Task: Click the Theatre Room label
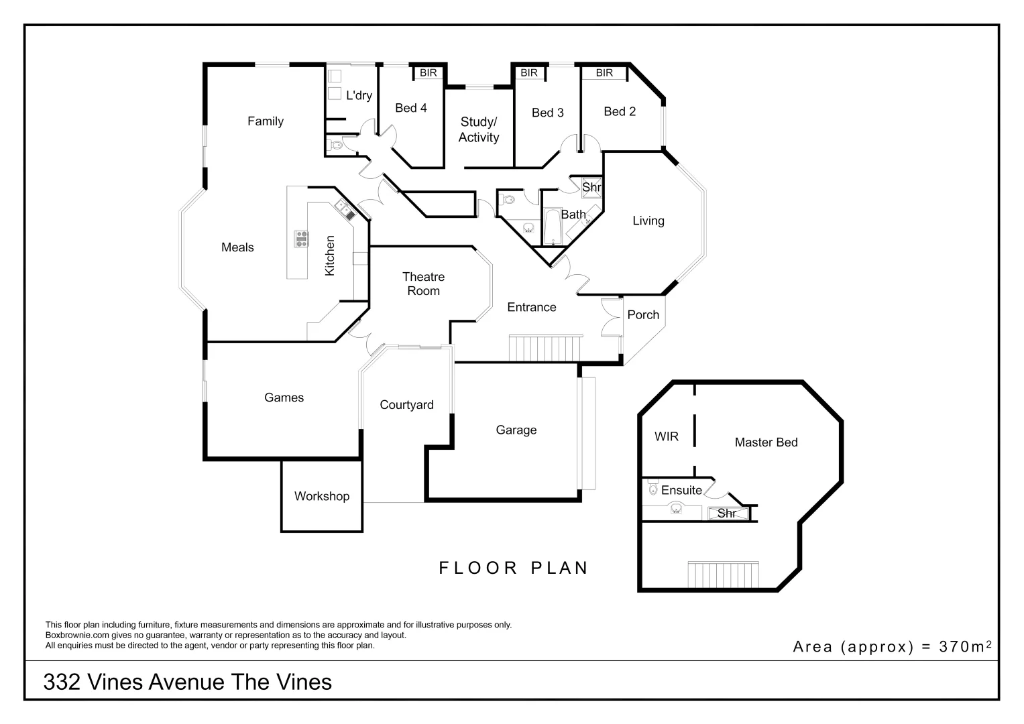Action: [x=423, y=284]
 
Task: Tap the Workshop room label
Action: [x=322, y=497]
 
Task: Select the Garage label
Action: [x=516, y=430]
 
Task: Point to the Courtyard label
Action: [x=406, y=405]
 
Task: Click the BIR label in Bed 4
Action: [x=428, y=72]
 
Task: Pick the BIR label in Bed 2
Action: [x=604, y=72]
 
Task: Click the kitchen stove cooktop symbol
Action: [x=301, y=239]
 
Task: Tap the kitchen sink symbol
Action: [x=345, y=210]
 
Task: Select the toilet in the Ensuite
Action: [x=654, y=489]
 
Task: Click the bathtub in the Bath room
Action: [x=551, y=227]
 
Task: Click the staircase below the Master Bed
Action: [x=724, y=575]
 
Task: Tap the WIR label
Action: [x=666, y=437]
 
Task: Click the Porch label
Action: [x=643, y=315]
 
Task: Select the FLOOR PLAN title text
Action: [x=514, y=568]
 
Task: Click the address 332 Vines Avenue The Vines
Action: [x=188, y=682]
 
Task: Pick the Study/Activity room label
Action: [x=479, y=130]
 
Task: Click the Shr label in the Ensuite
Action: [x=727, y=514]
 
